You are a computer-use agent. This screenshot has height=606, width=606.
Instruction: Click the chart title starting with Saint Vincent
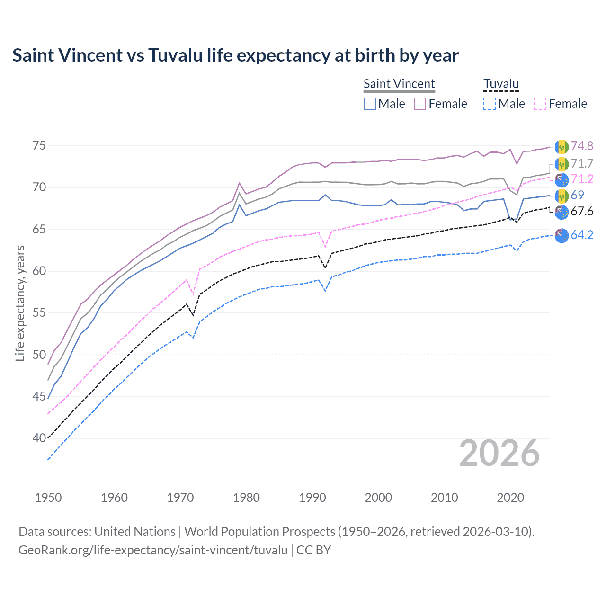pyautogui.click(x=235, y=55)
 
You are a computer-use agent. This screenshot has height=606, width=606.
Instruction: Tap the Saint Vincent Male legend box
pyautogui.click(x=370, y=104)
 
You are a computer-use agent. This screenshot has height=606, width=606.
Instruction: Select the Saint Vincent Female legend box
pyautogui.click(x=420, y=104)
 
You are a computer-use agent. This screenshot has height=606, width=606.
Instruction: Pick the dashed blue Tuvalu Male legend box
pyautogui.click(x=490, y=104)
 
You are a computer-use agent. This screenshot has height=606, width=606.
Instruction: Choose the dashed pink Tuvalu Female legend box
pyautogui.click(x=540, y=104)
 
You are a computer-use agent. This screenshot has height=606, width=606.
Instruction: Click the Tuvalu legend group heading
pyautogui.click(x=501, y=84)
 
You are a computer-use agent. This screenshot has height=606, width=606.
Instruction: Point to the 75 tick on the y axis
pyautogui.click(x=39, y=145)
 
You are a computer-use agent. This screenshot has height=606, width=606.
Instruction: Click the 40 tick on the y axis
pyautogui.click(x=39, y=438)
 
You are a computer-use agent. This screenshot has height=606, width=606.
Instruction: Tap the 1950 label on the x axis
pyautogui.click(x=48, y=498)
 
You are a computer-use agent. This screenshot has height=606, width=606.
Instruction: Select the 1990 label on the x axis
pyautogui.click(x=312, y=498)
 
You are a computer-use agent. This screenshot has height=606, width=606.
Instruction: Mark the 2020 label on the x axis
pyautogui.click(x=510, y=498)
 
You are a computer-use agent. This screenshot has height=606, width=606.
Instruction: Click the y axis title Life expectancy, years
pyautogui.click(x=20, y=303)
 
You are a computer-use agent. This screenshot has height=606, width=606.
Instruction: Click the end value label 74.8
pyautogui.click(x=582, y=146)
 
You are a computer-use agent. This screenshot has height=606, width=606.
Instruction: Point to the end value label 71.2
pyautogui.click(x=582, y=179)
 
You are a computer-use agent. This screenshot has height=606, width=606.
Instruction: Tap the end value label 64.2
pyautogui.click(x=582, y=235)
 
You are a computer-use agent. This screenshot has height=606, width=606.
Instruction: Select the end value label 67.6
pyautogui.click(x=582, y=211)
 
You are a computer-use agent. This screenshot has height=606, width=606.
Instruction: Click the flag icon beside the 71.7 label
pyautogui.click(x=561, y=164)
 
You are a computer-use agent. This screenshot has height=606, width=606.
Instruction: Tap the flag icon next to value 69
pyautogui.click(x=561, y=196)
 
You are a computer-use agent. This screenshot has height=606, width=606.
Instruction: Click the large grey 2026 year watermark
pyautogui.click(x=499, y=453)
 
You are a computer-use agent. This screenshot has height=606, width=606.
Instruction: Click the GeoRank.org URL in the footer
pyautogui.click(x=153, y=550)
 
